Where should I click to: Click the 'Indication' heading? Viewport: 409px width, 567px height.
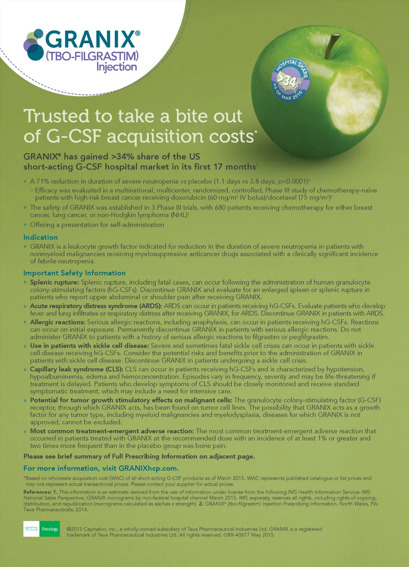pyautogui.click(x=40, y=237)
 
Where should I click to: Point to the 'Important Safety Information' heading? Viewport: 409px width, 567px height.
pyautogui.click(x=74, y=273)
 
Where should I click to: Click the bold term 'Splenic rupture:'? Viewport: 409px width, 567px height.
pyautogui.click(x=55, y=282)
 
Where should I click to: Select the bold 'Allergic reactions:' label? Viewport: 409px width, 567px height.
pyautogui.click(x=58, y=322)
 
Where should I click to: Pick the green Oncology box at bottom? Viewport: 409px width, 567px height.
pyautogui.click(x=50, y=529)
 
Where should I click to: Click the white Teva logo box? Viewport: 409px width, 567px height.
pyautogui.click(x=32, y=529)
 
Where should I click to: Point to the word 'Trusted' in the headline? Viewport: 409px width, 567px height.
pyautogui.click(x=56, y=116)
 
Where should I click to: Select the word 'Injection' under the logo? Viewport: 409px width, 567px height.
pyautogui.click(x=117, y=67)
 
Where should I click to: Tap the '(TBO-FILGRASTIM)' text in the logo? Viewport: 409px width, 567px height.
pyautogui.click(x=92, y=56)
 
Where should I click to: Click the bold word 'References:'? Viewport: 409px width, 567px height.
pyautogui.click(x=37, y=492)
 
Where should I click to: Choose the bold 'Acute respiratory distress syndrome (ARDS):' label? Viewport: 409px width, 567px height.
pyautogui.click(x=96, y=306)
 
